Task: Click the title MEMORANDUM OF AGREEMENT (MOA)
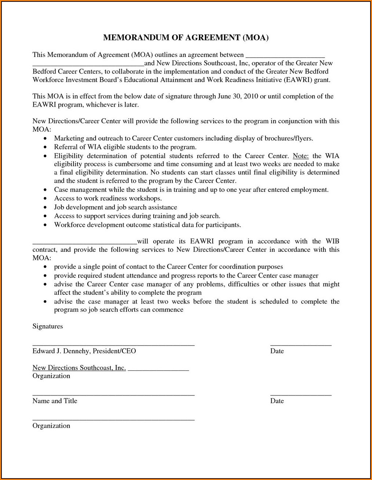pos(186,37)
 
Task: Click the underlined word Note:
pos(301,156)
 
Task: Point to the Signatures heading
pos(47,326)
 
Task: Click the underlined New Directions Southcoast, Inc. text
pos(79,368)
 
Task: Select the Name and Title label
pos(55,401)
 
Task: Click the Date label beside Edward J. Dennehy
pos(277,351)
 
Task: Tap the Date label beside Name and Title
pos(277,401)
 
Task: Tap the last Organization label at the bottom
pos(51,426)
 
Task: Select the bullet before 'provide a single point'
pos(45,267)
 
